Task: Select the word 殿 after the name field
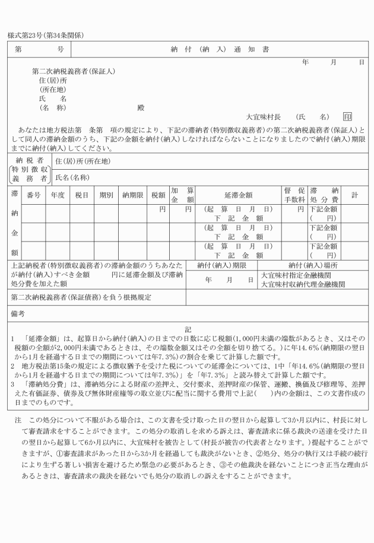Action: (141, 108)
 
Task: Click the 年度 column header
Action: (58, 194)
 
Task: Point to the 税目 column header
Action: (82, 194)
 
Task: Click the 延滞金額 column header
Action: (239, 194)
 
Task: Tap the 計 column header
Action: (354, 194)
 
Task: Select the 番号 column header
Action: (34, 194)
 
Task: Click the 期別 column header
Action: (106, 194)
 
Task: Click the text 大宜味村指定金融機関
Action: (293, 276)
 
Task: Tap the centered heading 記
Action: (188, 328)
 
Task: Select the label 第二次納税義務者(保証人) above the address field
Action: (74, 71)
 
